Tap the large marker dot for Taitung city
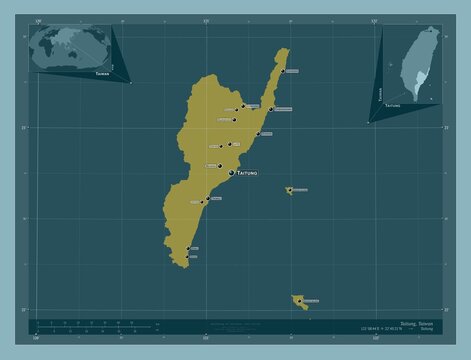click(x=232, y=174)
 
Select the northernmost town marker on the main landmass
click(x=282, y=71)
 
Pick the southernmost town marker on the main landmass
click(x=187, y=256)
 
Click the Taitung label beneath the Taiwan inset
click(x=395, y=104)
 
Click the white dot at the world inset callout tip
click(x=131, y=84)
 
